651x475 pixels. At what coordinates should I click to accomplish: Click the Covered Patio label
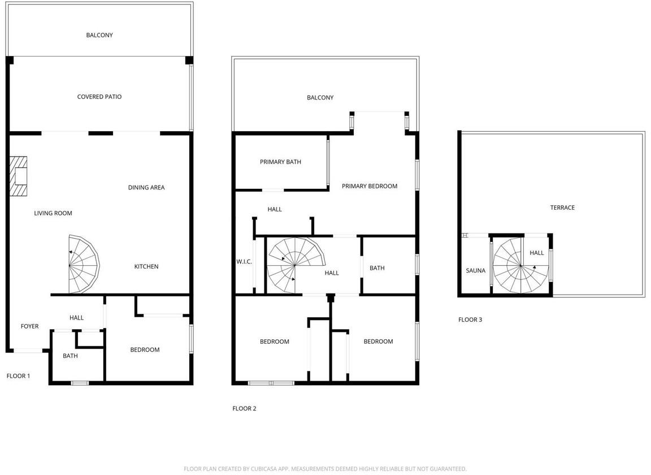pyautogui.click(x=99, y=97)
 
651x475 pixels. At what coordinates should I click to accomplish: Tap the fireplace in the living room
pyautogui.click(x=18, y=176)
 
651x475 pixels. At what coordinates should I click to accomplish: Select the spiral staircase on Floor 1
pyautogui.click(x=84, y=264)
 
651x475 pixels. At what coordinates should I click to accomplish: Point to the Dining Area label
pyautogui.click(x=146, y=187)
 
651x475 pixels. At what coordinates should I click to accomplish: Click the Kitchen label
pyautogui.click(x=146, y=266)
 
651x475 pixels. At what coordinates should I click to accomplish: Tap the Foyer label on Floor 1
pyautogui.click(x=29, y=326)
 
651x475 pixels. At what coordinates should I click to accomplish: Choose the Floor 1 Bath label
pyautogui.click(x=70, y=356)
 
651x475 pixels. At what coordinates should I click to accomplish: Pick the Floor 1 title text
pyautogui.click(x=18, y=376)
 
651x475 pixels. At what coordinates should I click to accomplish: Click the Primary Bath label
pyautogui.click(x=280, y=162)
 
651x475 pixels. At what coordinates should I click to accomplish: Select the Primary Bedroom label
pyautogui.click(x=370, y=186)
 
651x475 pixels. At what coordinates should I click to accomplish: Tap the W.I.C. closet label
pyautogui.click(x=244, y=262)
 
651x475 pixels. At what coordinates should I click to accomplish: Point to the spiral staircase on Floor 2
pyautogui.click(x=296, y=265)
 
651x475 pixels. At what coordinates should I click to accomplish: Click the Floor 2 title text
pyautogui.click(x=244, y=408)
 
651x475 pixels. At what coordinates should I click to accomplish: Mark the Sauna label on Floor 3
pyautogui.click(x=475, y=270)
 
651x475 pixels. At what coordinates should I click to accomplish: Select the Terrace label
pyautogui.click(x=562, y=208)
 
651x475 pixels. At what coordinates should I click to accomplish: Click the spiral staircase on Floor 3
pyautogui.click(x=520, y=266)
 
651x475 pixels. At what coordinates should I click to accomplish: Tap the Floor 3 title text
pyautogui.click(x=470, y=319)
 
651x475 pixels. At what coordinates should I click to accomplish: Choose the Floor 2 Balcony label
pyautogui.click(x=320, y=98)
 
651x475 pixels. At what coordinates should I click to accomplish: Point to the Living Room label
pyautogui.click(x=53, y=213)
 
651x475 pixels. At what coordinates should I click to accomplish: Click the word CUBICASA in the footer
pyautogui.click(x=263, y=469)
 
